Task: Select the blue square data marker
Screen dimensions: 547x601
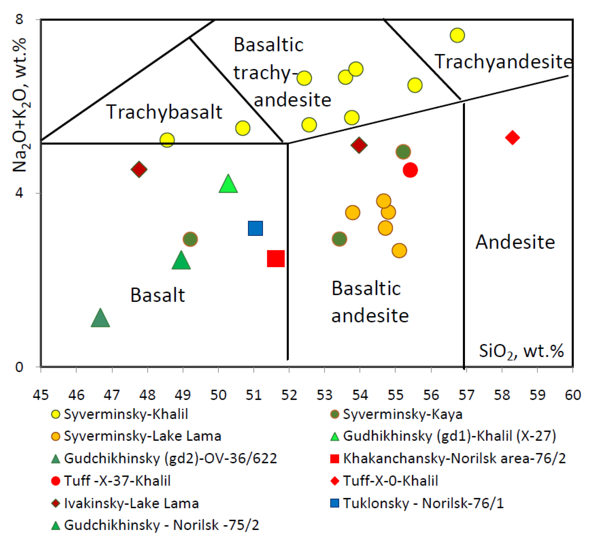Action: click(x=256, y=228)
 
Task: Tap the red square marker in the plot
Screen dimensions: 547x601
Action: click(x=276, y=258)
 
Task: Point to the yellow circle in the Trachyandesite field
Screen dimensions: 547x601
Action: click(x=457, y=35)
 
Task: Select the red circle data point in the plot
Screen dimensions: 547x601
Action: click(x=410, y=170)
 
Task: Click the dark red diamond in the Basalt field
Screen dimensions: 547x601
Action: click(x=139, y=169)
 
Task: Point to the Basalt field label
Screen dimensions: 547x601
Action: click(x=158, y=295)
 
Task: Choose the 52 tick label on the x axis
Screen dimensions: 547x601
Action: click(x=289, y=395)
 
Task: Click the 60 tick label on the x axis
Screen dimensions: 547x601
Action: click(x=573, y=395)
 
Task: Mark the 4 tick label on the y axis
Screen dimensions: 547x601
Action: click(x=19, y=193)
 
